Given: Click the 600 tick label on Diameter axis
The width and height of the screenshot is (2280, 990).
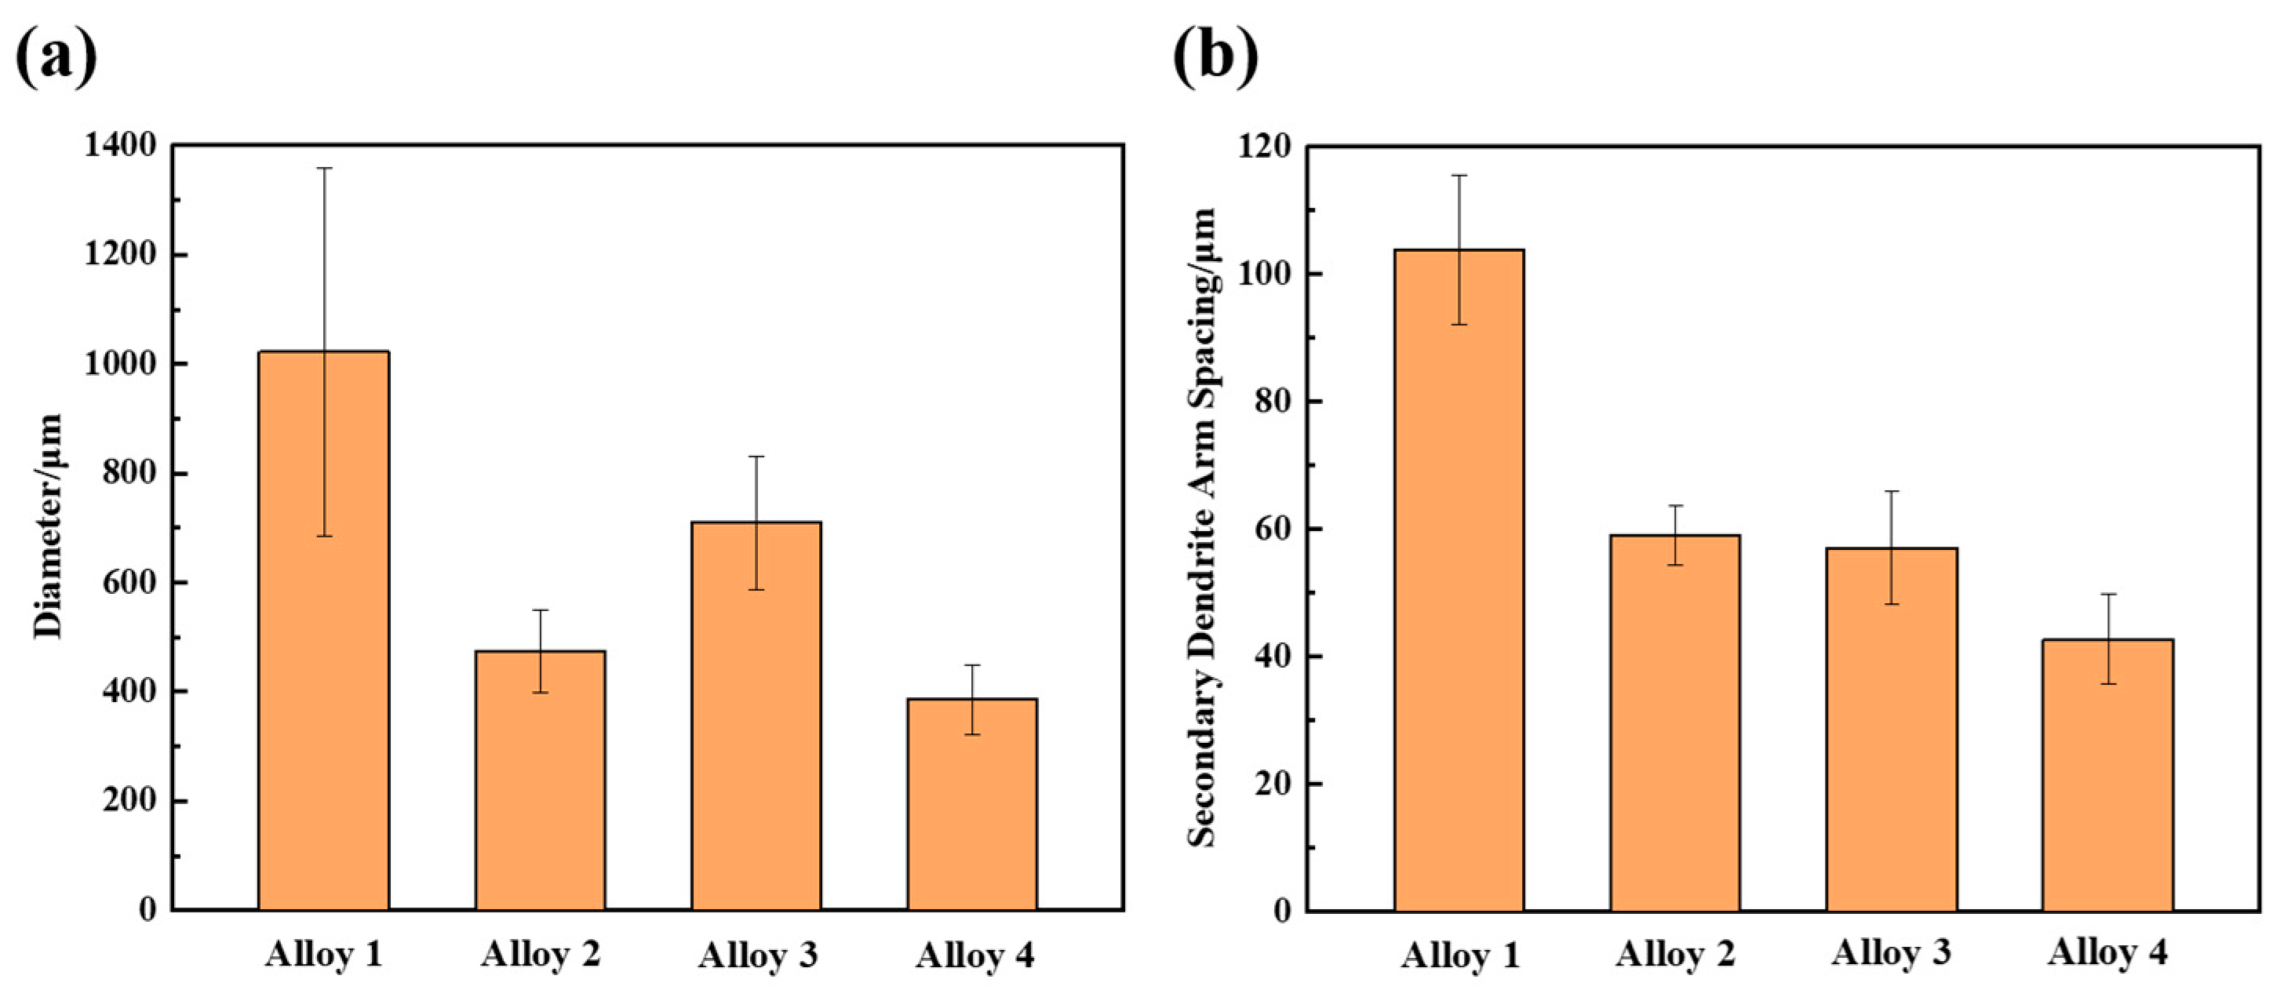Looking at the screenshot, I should coord(130,582).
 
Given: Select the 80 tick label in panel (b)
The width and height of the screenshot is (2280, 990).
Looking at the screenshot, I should coord(1271,402).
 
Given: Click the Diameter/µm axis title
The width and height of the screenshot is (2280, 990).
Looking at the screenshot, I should coord(48,526).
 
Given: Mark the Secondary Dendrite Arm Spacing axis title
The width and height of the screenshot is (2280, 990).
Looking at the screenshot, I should coord(1202,527).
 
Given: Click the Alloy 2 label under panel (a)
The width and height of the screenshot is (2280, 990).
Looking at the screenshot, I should coord(541,954).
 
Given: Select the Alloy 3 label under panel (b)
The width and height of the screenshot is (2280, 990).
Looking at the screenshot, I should coord(1892,952).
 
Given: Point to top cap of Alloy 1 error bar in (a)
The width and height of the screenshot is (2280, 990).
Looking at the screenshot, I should coord(325,167).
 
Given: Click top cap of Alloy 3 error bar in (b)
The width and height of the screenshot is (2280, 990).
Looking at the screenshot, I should coord(1892,491).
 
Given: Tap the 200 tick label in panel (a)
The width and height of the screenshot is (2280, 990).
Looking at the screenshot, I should coord(130,801).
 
